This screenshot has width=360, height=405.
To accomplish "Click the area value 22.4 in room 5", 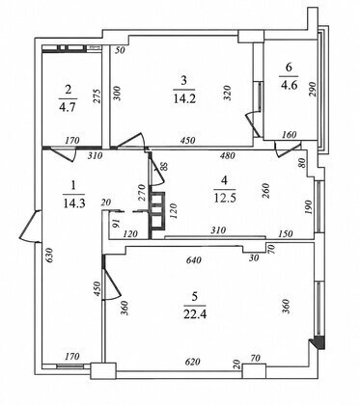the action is (x=195, y=313).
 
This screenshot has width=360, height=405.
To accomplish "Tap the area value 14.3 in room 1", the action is (x=74, y=203).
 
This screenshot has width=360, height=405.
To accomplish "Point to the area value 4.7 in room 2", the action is (x=68, y=107).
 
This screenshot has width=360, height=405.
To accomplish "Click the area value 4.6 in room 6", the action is (x=289, y=85).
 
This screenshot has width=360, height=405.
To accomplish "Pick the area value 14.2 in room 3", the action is (x=184, y=98).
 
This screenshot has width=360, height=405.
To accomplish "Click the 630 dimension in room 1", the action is (x=48, y=256).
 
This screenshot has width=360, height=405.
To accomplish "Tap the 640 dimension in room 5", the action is (x=194, y=259).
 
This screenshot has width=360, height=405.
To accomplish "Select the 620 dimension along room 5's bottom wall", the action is (x=192, y=362).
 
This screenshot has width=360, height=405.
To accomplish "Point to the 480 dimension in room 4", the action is (x=228, y=156).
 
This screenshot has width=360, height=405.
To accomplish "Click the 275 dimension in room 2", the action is (x=97, y=96).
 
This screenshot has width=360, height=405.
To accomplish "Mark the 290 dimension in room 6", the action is (x=313, y=89).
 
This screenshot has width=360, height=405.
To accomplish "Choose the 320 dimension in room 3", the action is (x=228, y=93).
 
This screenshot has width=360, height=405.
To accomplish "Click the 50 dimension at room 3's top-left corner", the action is (x=121, y=50).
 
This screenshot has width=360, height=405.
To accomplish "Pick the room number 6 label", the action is (x=289, y=67).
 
